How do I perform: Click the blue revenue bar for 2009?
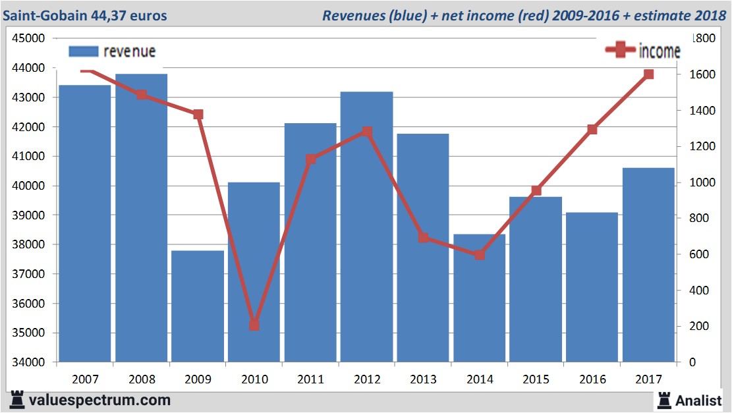click(x=198, y=306)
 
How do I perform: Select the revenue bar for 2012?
click(x=366, y=227)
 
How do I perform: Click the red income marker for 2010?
click(x=254, y=325)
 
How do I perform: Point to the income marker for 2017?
click(x=648, y=74)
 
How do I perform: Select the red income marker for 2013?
click(x=423, y=238)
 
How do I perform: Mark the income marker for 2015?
click(x=536, y=190)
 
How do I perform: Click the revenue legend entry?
click(x=112, y=51)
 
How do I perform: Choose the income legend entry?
click(x=643, y=51)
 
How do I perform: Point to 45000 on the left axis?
click(x=29, y=38)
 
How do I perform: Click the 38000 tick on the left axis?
click(x=29, y=245)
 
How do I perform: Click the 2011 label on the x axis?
click(x=310, y=379)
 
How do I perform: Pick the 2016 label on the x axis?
click(x=592, y=379)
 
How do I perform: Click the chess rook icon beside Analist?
click(x=663, y=400)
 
